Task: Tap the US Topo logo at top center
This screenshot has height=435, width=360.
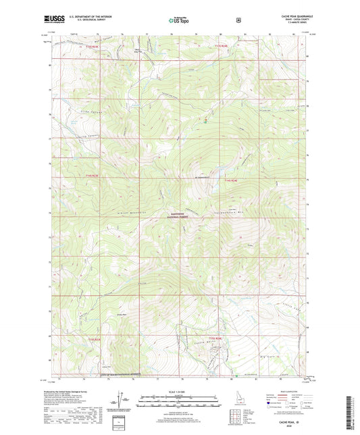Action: (x=179, y=21)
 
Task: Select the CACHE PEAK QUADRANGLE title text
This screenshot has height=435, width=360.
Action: (x=290, y=14)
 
